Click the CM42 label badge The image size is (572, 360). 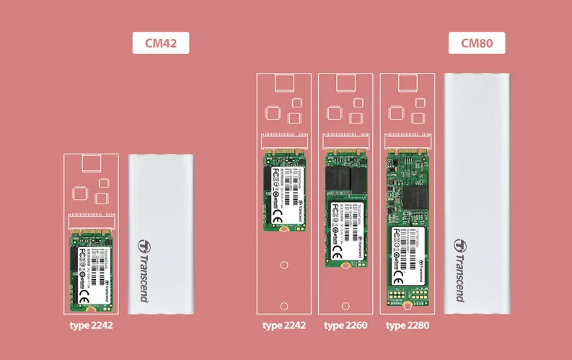point(160,43)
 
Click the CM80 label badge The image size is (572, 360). point(476,43)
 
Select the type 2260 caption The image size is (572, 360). point(346,325)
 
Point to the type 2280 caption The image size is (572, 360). point(408,325)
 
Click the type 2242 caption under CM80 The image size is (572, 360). point(284,325)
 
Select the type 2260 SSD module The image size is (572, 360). point(346,210)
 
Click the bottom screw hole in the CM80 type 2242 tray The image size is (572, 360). point(284,305)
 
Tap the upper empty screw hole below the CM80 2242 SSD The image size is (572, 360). point(284,265)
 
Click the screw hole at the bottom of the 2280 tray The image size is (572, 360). point(408,306)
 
